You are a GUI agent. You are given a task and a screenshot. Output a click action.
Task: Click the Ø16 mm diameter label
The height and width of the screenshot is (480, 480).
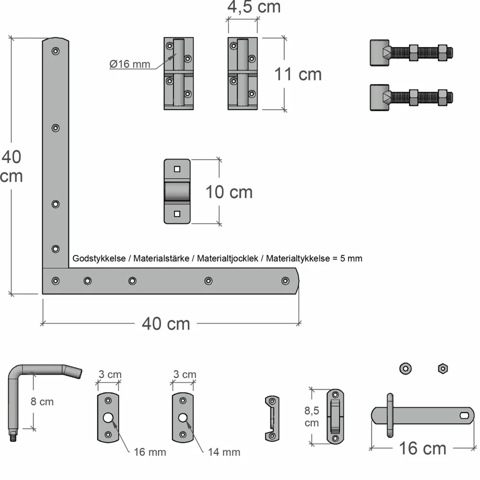pos(130,64)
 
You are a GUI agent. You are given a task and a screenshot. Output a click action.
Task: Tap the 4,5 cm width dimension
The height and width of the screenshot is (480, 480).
pos(254,7)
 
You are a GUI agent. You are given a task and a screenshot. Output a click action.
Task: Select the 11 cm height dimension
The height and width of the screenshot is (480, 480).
pos(298,74)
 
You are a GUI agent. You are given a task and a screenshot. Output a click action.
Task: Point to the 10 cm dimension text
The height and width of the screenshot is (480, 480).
pos(229,192)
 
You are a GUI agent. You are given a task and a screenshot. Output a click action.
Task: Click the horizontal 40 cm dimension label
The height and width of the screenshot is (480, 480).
pos(166,324)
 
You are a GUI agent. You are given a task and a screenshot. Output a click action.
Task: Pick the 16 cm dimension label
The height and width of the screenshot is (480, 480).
pos(422,448)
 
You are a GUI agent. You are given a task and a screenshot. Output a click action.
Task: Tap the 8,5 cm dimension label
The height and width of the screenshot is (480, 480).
pos(311,416)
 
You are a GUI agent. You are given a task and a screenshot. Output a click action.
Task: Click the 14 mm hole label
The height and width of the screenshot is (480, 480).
pos(224,452)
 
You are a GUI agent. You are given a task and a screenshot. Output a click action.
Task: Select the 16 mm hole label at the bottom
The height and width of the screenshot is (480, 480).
pos(150,452)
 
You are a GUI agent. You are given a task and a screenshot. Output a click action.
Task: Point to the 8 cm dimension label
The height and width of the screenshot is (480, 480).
pos(42,402)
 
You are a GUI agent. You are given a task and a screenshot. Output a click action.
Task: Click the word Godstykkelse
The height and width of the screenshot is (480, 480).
pos(99,259)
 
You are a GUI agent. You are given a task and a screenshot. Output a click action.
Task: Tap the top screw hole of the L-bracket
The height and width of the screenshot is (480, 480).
pos(56,51)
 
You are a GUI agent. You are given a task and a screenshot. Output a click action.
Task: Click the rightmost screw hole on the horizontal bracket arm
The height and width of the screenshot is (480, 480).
pos(285,281)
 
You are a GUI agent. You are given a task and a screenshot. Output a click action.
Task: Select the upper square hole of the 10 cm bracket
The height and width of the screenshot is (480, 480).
pos(177,169)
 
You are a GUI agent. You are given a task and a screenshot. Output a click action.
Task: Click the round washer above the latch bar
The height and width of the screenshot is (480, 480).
pos(405,369)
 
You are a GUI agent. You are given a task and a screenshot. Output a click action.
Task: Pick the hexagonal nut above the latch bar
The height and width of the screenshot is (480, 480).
pos(443,369)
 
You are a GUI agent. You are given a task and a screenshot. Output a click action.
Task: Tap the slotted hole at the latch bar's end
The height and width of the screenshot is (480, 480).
pos(464,415)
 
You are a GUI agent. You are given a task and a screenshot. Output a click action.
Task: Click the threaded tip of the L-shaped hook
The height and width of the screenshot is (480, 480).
pos(13,437)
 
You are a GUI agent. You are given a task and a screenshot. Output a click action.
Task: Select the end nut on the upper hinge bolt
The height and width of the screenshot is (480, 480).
pos(443,53)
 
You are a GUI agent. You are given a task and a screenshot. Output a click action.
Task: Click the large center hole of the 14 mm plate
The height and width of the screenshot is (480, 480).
pos(183,418)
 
